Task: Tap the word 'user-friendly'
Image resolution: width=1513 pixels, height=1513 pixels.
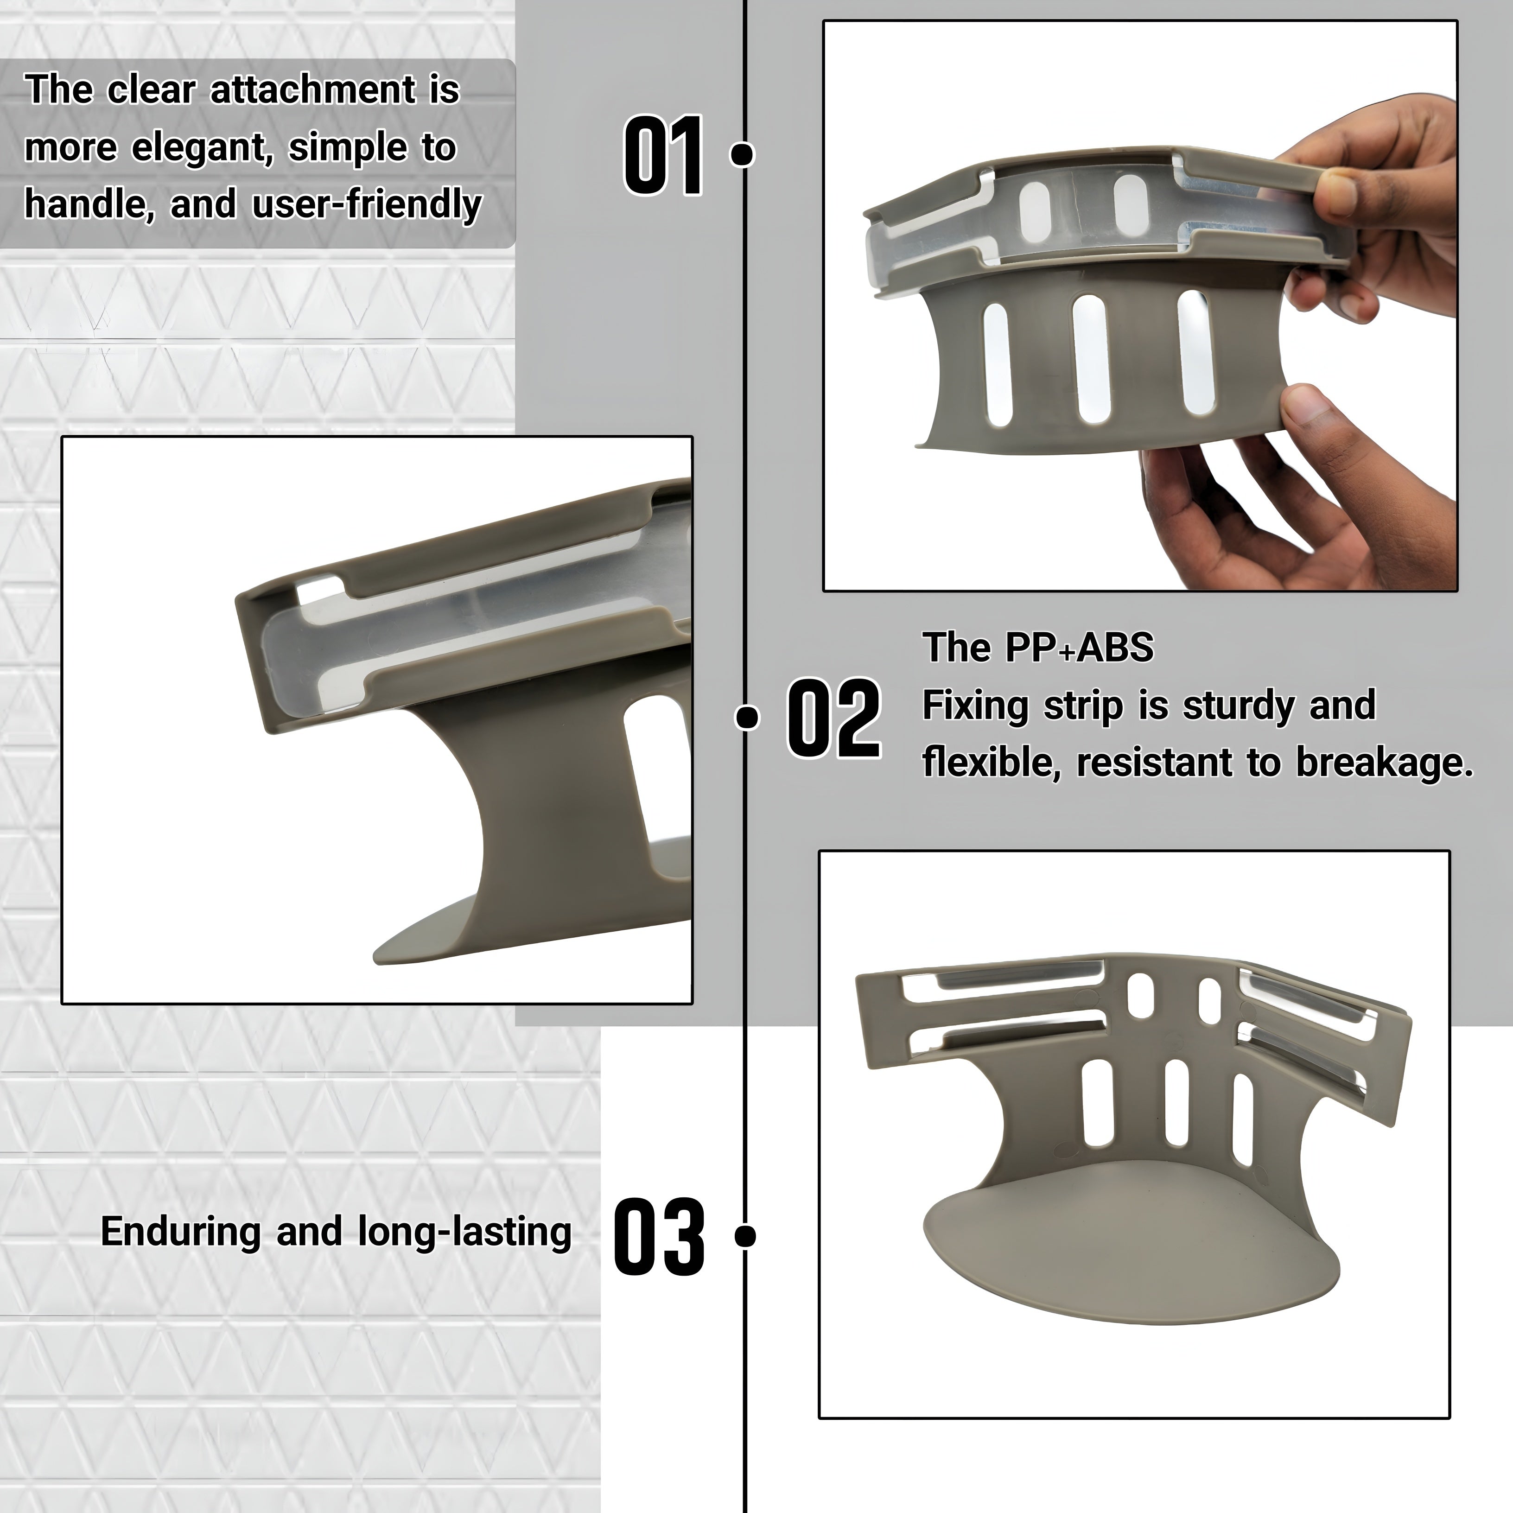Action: point(367,205)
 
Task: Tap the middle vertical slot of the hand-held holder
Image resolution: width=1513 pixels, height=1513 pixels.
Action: point(1090,359)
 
